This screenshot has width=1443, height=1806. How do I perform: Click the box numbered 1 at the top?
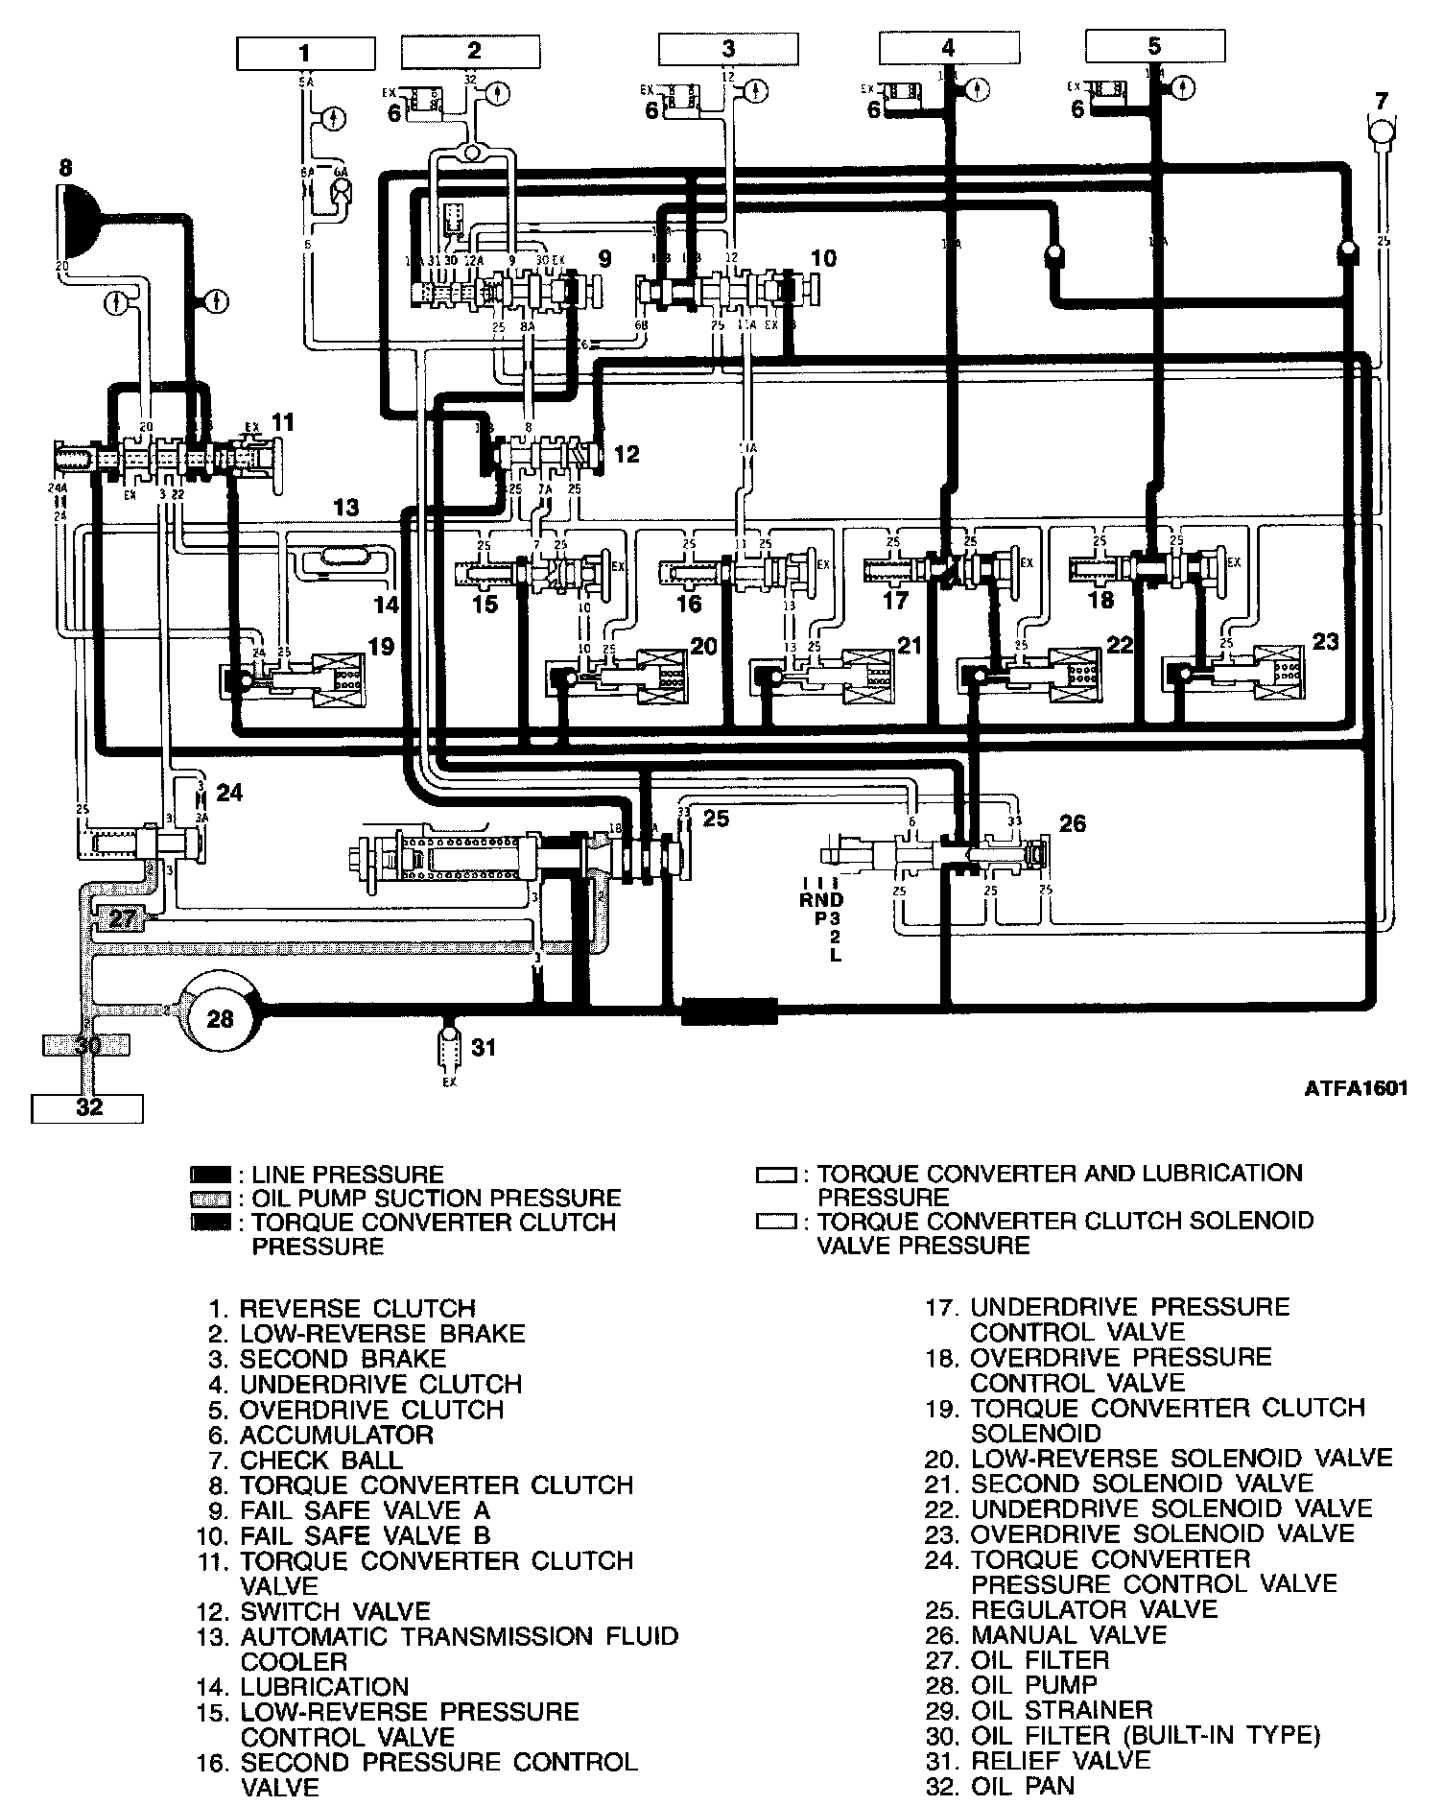[304, 53]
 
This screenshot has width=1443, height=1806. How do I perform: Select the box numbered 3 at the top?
[728, 50]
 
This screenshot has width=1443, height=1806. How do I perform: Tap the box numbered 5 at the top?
[1153, 46]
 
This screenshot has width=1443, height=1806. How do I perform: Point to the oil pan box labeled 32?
[87, 1108]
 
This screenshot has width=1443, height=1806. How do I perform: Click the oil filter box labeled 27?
[122, 918]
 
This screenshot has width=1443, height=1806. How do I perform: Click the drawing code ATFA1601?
[1356, 1089]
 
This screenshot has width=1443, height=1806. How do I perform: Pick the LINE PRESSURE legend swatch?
[210, 1175]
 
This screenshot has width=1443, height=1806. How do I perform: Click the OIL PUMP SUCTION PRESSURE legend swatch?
[210, 1199]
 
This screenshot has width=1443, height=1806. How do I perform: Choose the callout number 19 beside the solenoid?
[381, 646]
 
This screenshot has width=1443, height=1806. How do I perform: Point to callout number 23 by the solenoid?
[1325, 641]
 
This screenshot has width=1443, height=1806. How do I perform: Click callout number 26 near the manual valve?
[1073, 823]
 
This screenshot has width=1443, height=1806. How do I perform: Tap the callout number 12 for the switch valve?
[626, 453]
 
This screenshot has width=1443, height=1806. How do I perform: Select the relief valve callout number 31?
[485, 1046]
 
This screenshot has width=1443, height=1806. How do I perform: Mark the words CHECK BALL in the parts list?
[321, 1461]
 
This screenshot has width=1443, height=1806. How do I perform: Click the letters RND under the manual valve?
[821, 900]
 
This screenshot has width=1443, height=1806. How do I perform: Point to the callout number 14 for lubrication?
[386, 605]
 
